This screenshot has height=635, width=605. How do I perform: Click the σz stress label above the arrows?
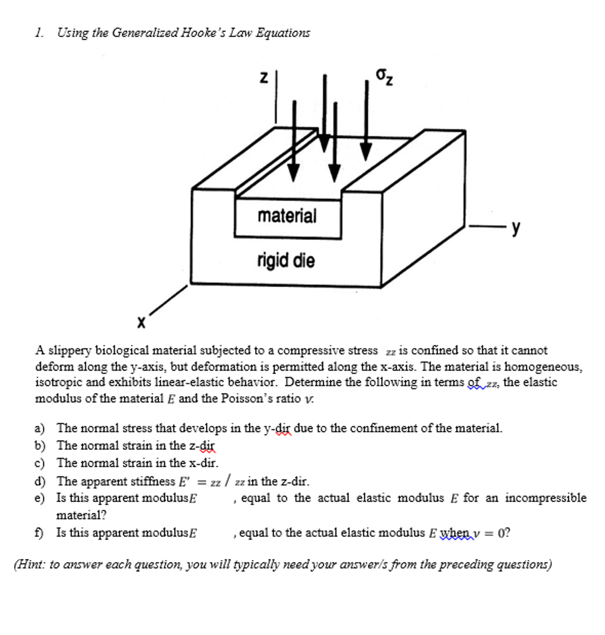pyautogui.click(x=384, y=77)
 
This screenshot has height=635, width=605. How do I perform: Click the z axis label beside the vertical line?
pyautogui.click(x=264, y=78)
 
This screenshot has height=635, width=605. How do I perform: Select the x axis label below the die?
pyautogui.click(x=141, y=322)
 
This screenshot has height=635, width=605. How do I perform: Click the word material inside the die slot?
pyautogui.click(x=287, y=216)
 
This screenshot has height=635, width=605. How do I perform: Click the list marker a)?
pyautogui.click(x=39, y=429)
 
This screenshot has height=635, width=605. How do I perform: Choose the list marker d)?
pyautogui.click(x=39, y=482)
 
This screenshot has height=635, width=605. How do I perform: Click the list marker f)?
pyautogui.click(x=39, y=533)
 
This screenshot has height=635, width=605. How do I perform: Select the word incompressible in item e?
pyautogui.click(x=545, y=498)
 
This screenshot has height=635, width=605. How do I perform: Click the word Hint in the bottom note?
pyautogui.click(x=31, y=565)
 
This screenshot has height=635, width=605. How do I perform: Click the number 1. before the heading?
pyautogui.click(x=39, y=33)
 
